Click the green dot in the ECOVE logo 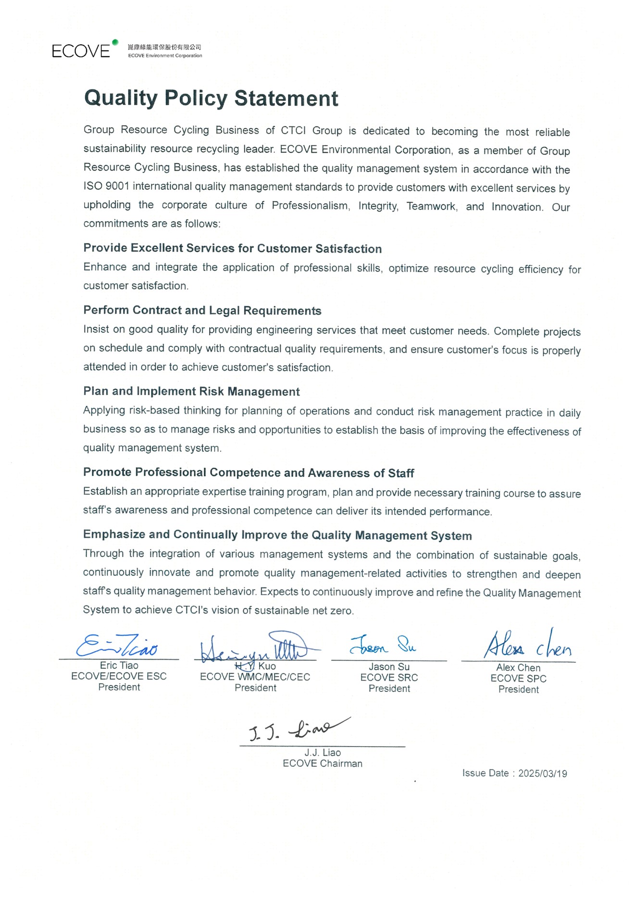115,42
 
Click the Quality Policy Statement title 211,98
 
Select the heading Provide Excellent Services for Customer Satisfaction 233,249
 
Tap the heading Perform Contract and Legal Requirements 202,311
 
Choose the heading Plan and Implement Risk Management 191,391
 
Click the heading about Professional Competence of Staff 249,473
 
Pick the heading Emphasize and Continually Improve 277,535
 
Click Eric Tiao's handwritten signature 117,647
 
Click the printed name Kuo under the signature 267,666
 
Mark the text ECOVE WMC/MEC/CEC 255,677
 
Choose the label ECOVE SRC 389,678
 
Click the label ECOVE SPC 518,679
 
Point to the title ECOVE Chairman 323,763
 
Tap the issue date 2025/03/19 542,773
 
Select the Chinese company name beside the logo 164,47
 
